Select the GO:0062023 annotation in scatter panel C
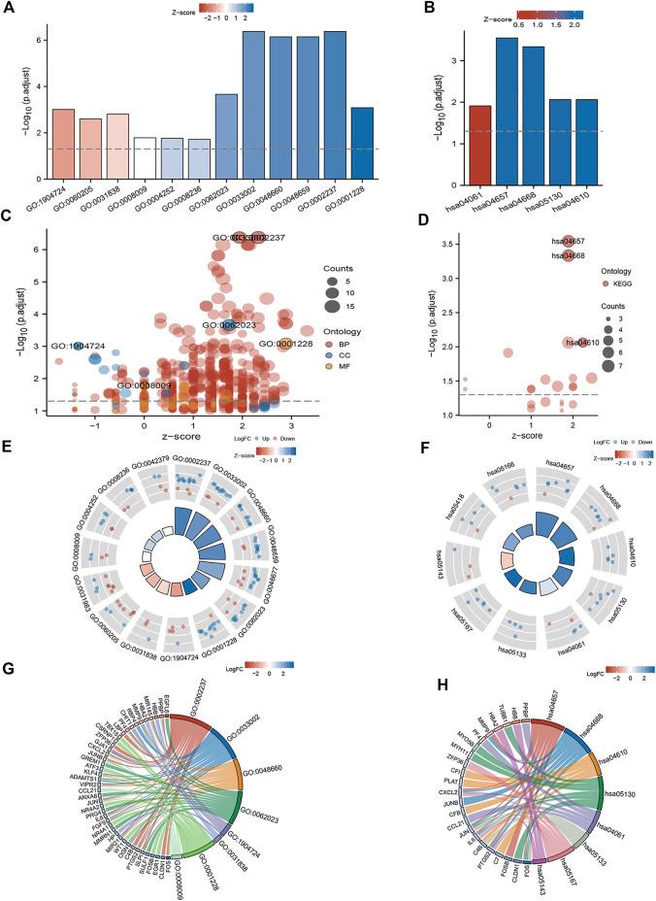tap(231, 325)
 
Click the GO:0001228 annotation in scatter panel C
tap(287, 343)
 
